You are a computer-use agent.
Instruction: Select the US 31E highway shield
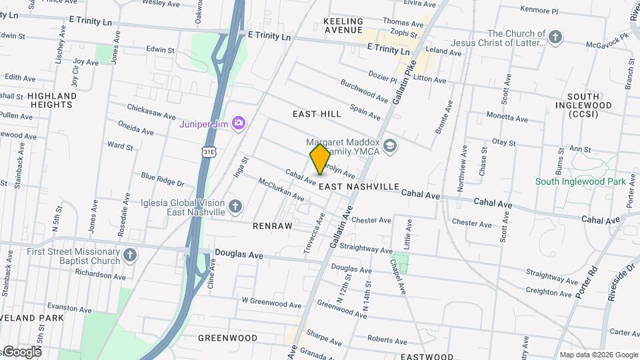(209, 153)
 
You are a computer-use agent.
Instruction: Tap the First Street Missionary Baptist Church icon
(129, 255)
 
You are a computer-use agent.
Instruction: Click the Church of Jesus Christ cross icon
(555, 35)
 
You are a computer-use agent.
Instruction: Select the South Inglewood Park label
(580, 181)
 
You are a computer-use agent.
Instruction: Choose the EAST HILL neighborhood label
(317, 114)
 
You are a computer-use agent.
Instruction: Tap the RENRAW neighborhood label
(273, 226)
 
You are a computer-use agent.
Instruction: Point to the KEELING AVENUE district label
(343, 26)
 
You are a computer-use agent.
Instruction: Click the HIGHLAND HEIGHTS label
(52, 100)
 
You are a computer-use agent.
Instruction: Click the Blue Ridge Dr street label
(162, 179)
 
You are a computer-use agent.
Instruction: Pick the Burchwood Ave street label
(364, 91)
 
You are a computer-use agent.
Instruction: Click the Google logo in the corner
(21, 351)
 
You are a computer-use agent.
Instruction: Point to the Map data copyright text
(598, 355)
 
